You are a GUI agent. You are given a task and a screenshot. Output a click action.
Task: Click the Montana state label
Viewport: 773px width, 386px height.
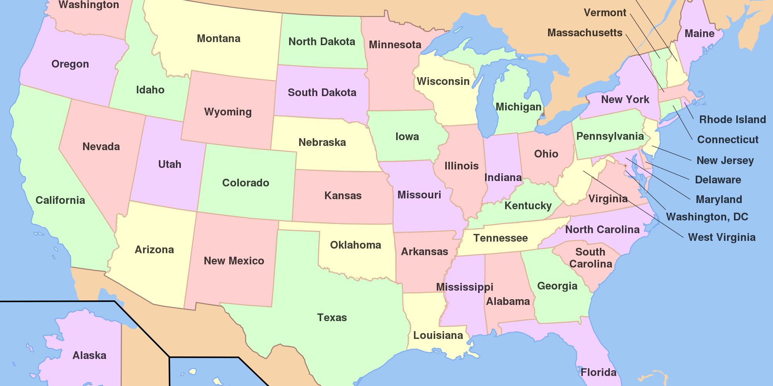pyautogui.click(x=218, y=39)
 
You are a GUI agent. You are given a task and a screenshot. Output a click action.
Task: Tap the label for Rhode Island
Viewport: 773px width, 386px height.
pyautogui.click(x=732, y=120)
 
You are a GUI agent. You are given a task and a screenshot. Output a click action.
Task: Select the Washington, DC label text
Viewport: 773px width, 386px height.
pyautogui.click(x=707, y=217)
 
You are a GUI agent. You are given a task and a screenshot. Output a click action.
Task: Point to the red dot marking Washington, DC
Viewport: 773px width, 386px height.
pyautogui.click(x=625, y=166)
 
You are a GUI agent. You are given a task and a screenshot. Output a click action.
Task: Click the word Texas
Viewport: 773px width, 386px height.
pyautogui.click(x=332, y=318)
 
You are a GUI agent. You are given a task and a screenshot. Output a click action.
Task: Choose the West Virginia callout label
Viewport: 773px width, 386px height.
pyautogui.click(x=722, y=237)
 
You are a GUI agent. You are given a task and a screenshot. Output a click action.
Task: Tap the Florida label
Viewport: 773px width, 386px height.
pyautogui.click(x=598, y=372)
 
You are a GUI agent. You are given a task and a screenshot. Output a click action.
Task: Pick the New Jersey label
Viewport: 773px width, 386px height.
pyautogui.click(x=725, y=161)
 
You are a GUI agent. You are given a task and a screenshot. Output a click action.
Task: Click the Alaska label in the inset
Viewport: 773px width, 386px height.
pyautogui.click(x=89, y=356)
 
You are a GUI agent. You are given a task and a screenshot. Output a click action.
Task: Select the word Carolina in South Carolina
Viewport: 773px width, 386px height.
pyautogui.click(x=591, y=264)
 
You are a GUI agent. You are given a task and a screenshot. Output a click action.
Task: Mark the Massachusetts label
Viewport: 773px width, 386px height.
pyautogui.click(x=585, y=33)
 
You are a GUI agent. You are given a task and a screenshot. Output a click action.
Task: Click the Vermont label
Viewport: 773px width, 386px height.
pyautogui.click(x=605, y=13)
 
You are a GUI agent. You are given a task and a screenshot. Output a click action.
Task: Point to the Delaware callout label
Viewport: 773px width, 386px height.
pyautogui.click(x=718, y=180)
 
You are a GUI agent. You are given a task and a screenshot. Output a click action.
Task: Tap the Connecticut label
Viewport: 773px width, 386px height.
pyautogui.click(x=728, y=140)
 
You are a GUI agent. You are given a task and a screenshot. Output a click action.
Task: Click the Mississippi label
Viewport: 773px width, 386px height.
pyautogui.click(x=465, y=287)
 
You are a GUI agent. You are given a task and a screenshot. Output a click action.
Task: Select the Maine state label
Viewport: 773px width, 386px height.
pyautogui.click(x=699, y=34)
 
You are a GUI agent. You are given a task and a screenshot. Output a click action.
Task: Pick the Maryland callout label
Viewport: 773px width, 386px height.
pyautogui.click(x=719, y=200)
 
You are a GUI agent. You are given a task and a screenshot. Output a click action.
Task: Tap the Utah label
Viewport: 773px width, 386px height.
pyautogui.click(x=170, y=164)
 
